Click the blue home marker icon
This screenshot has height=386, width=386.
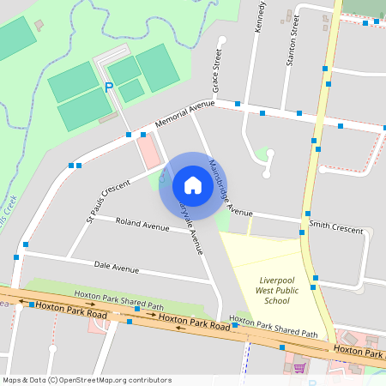[192, 185]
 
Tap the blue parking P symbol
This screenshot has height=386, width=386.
[108, 87]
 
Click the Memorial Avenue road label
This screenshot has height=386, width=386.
[184, 114]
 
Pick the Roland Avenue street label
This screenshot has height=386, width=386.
[142, 226]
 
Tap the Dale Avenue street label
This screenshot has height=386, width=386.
[116, 268]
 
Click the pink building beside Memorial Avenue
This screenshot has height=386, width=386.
[149, 151]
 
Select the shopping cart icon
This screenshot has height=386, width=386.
[299, 367]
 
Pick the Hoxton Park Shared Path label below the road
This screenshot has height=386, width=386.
[274, 329]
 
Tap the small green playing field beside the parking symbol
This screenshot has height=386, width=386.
[131, 90]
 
